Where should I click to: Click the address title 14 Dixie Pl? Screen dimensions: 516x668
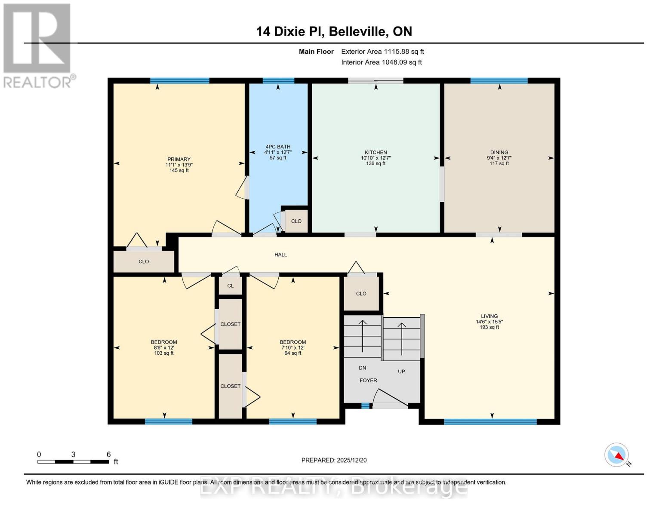click(334, 31)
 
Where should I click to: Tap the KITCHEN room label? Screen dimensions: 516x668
click(376, 152)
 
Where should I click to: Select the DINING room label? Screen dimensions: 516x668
click(499, 152)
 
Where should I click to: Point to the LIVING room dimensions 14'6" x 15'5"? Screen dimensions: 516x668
click(489, 322)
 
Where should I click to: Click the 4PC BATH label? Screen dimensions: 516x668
click(278, 147)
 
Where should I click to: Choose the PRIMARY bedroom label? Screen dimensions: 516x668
click(179, 159)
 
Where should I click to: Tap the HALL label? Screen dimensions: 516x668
click(280, 255)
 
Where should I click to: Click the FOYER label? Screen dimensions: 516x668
click(368, 380)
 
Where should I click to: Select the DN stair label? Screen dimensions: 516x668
click(363, 368)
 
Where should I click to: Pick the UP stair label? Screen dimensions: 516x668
click(401, 371)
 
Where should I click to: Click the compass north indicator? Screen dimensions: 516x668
click(617, 455)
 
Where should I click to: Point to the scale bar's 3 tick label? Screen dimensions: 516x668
click(74, 455)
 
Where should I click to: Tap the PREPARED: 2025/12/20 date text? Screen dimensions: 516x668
click(334, 460)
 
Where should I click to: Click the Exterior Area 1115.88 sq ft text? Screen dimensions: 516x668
click(382, 51)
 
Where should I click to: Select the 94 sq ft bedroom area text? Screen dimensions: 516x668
click(293, 353)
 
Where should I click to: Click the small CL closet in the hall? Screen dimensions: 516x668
click(231, 286)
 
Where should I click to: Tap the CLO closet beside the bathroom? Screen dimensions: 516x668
click(296, 221)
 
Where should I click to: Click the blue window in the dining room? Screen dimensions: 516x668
click(499, 80)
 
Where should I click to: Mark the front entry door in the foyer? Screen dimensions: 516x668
click(390, 405)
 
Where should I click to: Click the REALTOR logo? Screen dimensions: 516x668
click(38, 45)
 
